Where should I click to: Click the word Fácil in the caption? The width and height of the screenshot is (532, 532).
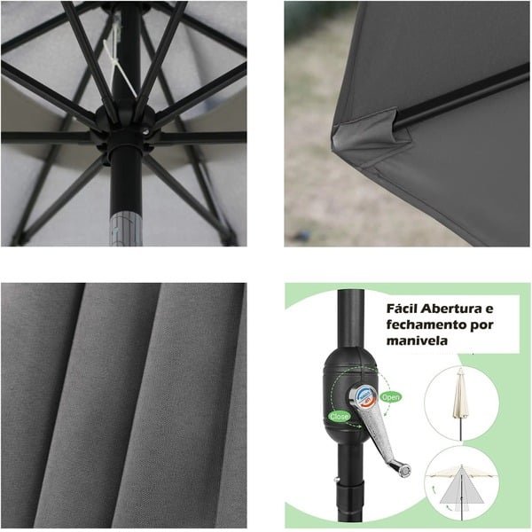pos(402,309)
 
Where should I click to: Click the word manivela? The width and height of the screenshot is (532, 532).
pos(417,340)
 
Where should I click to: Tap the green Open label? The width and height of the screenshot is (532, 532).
pos(390,396)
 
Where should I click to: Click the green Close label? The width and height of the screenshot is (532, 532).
pos(339,417)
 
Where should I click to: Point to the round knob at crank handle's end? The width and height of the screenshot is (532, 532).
pos(404,470)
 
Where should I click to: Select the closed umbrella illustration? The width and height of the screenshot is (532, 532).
pos(460,403)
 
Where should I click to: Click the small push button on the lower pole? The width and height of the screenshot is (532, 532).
pos(336,479)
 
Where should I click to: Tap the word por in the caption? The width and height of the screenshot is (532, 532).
pos(481,326)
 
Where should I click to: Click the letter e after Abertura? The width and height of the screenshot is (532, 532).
pos(489,309)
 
